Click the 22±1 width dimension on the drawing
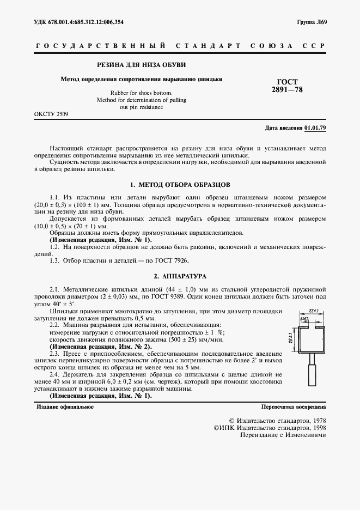(x=313, y=310)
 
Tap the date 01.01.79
(x=315, y=127)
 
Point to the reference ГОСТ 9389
(x=193, y=297)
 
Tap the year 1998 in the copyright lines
(x=315, y=428)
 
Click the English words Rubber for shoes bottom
(x=141, y=93)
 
